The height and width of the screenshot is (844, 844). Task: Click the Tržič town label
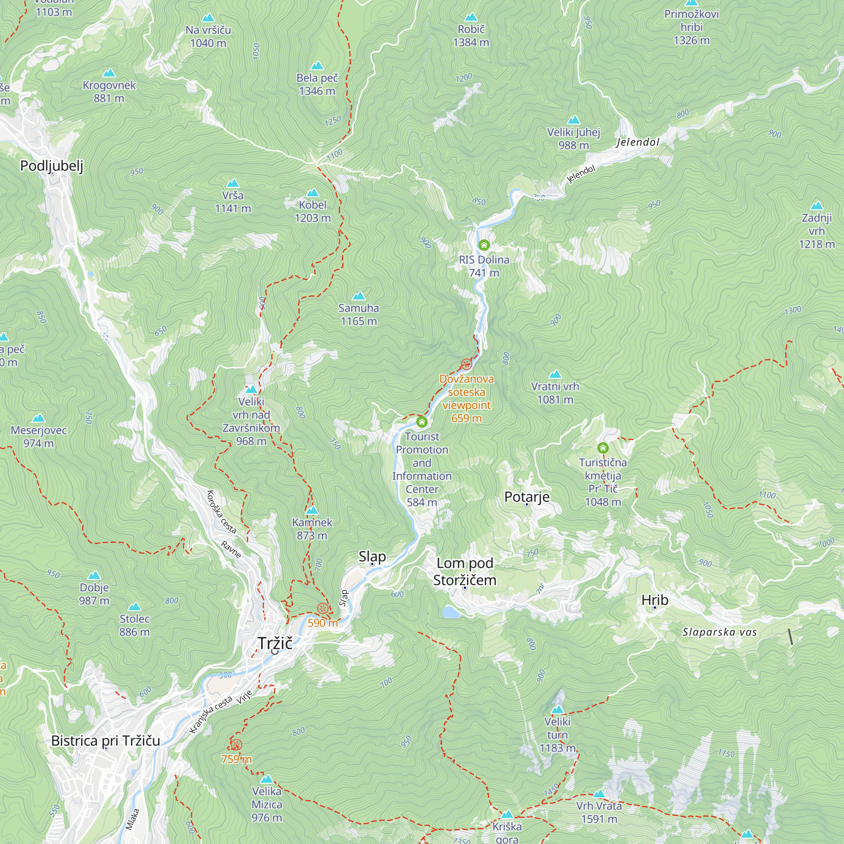pos(275,643)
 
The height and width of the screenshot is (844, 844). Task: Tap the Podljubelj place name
pos(51,165)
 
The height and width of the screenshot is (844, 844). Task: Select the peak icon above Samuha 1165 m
pos(359,296)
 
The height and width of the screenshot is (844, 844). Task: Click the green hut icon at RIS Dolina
pos(484,245)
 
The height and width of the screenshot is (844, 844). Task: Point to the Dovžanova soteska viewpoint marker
pos(466,364)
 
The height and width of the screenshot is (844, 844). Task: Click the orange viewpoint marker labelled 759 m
pos(236,745)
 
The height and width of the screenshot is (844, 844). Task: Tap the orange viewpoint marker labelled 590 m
pos(322,608)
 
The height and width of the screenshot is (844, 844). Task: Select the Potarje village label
pos(527,497)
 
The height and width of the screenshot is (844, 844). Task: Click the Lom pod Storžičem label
pos(465,571)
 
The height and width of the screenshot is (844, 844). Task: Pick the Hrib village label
pos(655,600)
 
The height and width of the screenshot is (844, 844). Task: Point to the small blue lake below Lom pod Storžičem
pos(450,612)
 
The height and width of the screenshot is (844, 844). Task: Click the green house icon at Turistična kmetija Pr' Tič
pos(603,448)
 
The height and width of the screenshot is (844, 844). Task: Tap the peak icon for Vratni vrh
pos(555,374)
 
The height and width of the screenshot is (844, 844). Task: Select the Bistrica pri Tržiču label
pos(106,741)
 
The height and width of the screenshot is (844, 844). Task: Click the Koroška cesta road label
pos(221,512)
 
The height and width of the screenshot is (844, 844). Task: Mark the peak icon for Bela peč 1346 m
pos(317,66)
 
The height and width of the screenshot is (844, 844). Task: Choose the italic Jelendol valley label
pos(637,142)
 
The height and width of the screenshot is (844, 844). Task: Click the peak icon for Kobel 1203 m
pos(312,193)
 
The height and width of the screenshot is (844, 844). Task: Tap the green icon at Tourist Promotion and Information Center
pos(422,422)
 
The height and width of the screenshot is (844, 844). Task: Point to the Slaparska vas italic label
pos(720,632)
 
